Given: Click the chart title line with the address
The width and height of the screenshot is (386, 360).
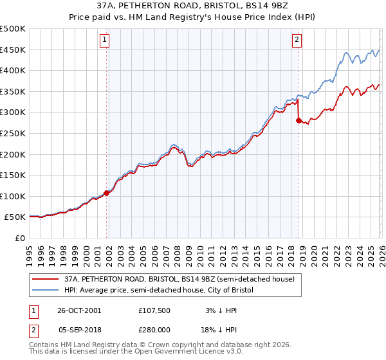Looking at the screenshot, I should click(193, 6).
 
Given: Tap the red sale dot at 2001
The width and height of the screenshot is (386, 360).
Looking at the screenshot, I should click(107, 193).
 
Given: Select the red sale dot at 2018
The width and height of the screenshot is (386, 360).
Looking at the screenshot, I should click(299, 120).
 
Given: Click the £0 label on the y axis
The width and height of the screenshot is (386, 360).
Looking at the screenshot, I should click(19, 238).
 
